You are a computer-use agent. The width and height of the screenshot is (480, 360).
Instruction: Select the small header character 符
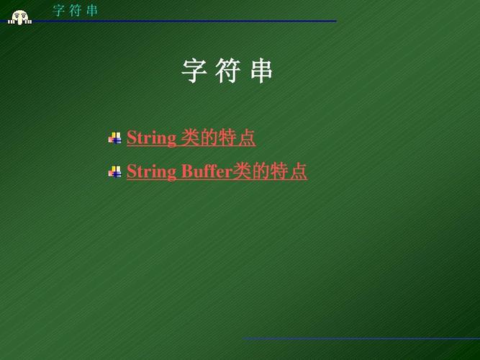tap(76, 10)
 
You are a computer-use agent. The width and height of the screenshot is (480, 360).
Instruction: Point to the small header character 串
tap(92, 10)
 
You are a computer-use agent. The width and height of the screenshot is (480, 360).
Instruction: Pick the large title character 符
tap(227, 71)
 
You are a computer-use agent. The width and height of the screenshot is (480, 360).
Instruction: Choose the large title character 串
tap(261, 71)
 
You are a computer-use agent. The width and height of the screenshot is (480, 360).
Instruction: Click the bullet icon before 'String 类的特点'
tap(114, 138)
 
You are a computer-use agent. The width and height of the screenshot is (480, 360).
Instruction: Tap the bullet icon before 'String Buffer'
tap(114, 172)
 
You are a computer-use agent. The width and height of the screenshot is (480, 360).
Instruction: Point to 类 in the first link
tap(191, 138)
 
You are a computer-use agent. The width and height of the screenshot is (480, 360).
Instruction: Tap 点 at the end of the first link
tap(247, 138)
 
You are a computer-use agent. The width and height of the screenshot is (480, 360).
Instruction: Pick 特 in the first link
tap(228, 138)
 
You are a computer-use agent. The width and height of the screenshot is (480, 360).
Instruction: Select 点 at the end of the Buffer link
tap(299, 172)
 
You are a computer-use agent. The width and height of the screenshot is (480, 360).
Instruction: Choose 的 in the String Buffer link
tap(261, 172)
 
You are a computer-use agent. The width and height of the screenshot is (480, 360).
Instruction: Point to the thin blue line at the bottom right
tap(360, 338)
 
